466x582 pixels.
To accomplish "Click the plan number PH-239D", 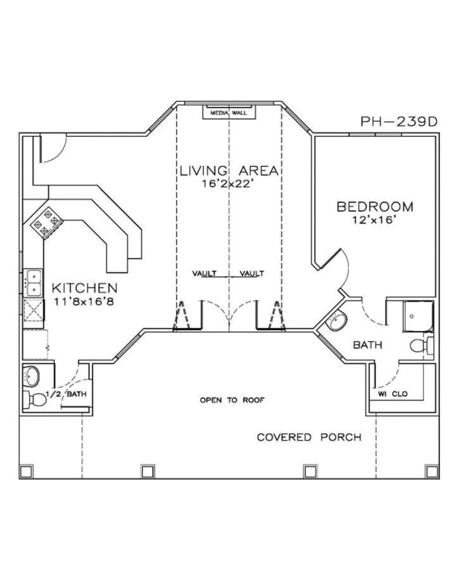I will (x=399, y=121).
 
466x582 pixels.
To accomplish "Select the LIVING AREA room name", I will (x=229, y=171).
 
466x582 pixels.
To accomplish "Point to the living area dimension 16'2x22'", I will (x=229, y=184).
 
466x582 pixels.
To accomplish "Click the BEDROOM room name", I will (x=375, y=207).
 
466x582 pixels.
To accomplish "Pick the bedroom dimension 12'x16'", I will (x=375, y=220).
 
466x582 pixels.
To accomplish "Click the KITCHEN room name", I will (x=84, y=288).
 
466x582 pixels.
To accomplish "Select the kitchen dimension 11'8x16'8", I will (x=84, y=301).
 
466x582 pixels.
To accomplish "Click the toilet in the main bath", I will (x=420, y=346).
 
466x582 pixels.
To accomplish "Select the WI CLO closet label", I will (x=393, y=394).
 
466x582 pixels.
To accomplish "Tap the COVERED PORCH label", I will (x=309, y=437).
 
